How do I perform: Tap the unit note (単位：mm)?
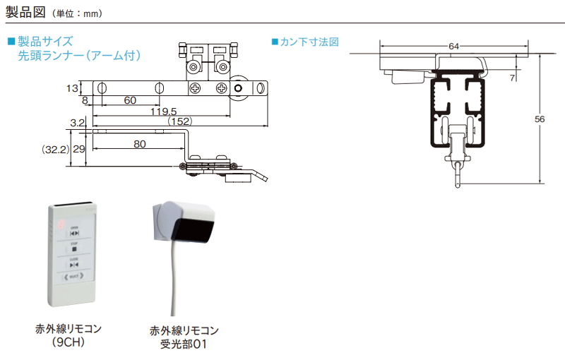83,13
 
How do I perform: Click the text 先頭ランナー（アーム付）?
80,55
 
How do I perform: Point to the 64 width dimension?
453,46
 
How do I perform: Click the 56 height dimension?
540,119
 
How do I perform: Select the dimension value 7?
511,77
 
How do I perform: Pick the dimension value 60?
130,101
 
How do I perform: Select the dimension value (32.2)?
54,149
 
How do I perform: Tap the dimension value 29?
79,149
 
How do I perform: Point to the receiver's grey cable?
170,282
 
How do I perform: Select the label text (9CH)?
69,342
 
